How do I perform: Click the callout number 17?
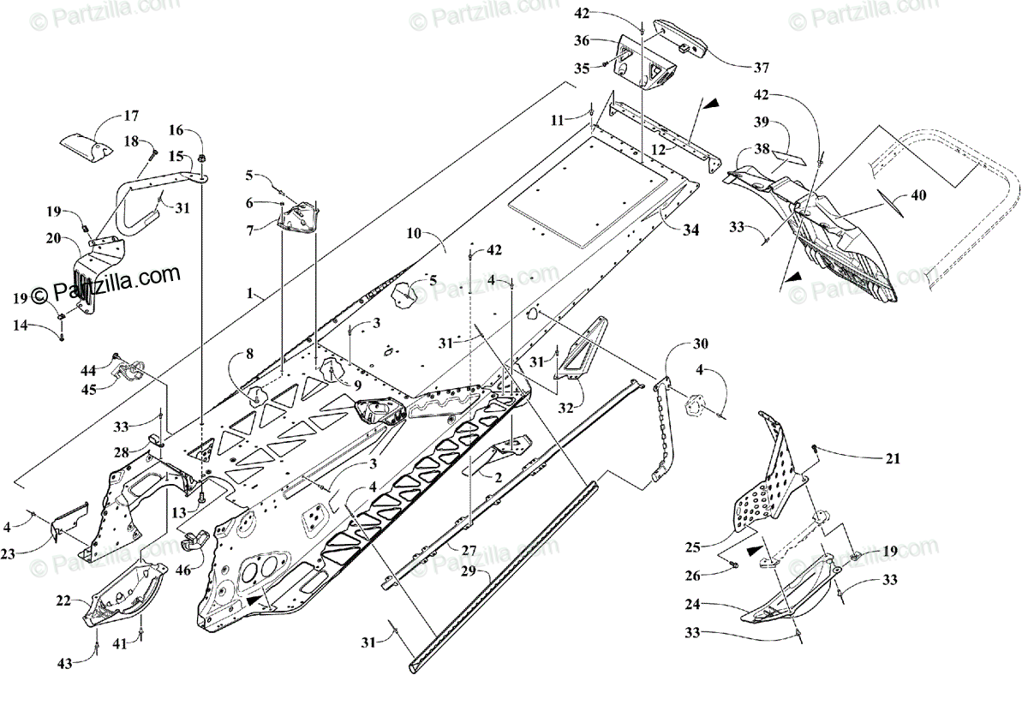(x=131, y=116)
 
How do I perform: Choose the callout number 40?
(x=917, y=195)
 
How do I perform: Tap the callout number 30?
(x=701, y=344)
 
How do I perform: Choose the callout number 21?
(x=893, y=459)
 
